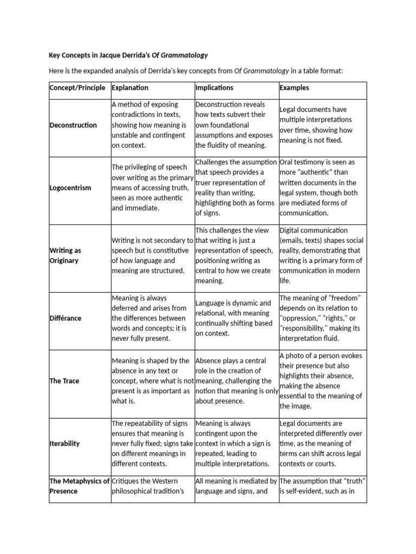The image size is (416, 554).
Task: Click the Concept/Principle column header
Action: pos(77,88)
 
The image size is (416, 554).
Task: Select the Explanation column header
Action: pos(130,88)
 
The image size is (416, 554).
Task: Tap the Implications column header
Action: pos(214,88)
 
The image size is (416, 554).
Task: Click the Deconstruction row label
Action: pos(73,125)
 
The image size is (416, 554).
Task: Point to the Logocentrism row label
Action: pos(70,188)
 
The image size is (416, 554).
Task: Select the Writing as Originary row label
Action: pos(64,255)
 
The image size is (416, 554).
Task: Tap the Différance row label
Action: pos(66,318)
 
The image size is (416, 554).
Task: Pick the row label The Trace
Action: pos(64,381)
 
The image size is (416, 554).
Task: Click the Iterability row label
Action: pos(64,444)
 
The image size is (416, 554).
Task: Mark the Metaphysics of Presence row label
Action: pos(79,486)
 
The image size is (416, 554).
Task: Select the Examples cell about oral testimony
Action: pos(318,188)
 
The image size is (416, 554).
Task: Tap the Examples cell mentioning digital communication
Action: pos(321,255)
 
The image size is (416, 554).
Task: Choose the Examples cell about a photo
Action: pos(321,381)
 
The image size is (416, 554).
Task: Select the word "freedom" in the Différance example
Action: pos(345,298)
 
